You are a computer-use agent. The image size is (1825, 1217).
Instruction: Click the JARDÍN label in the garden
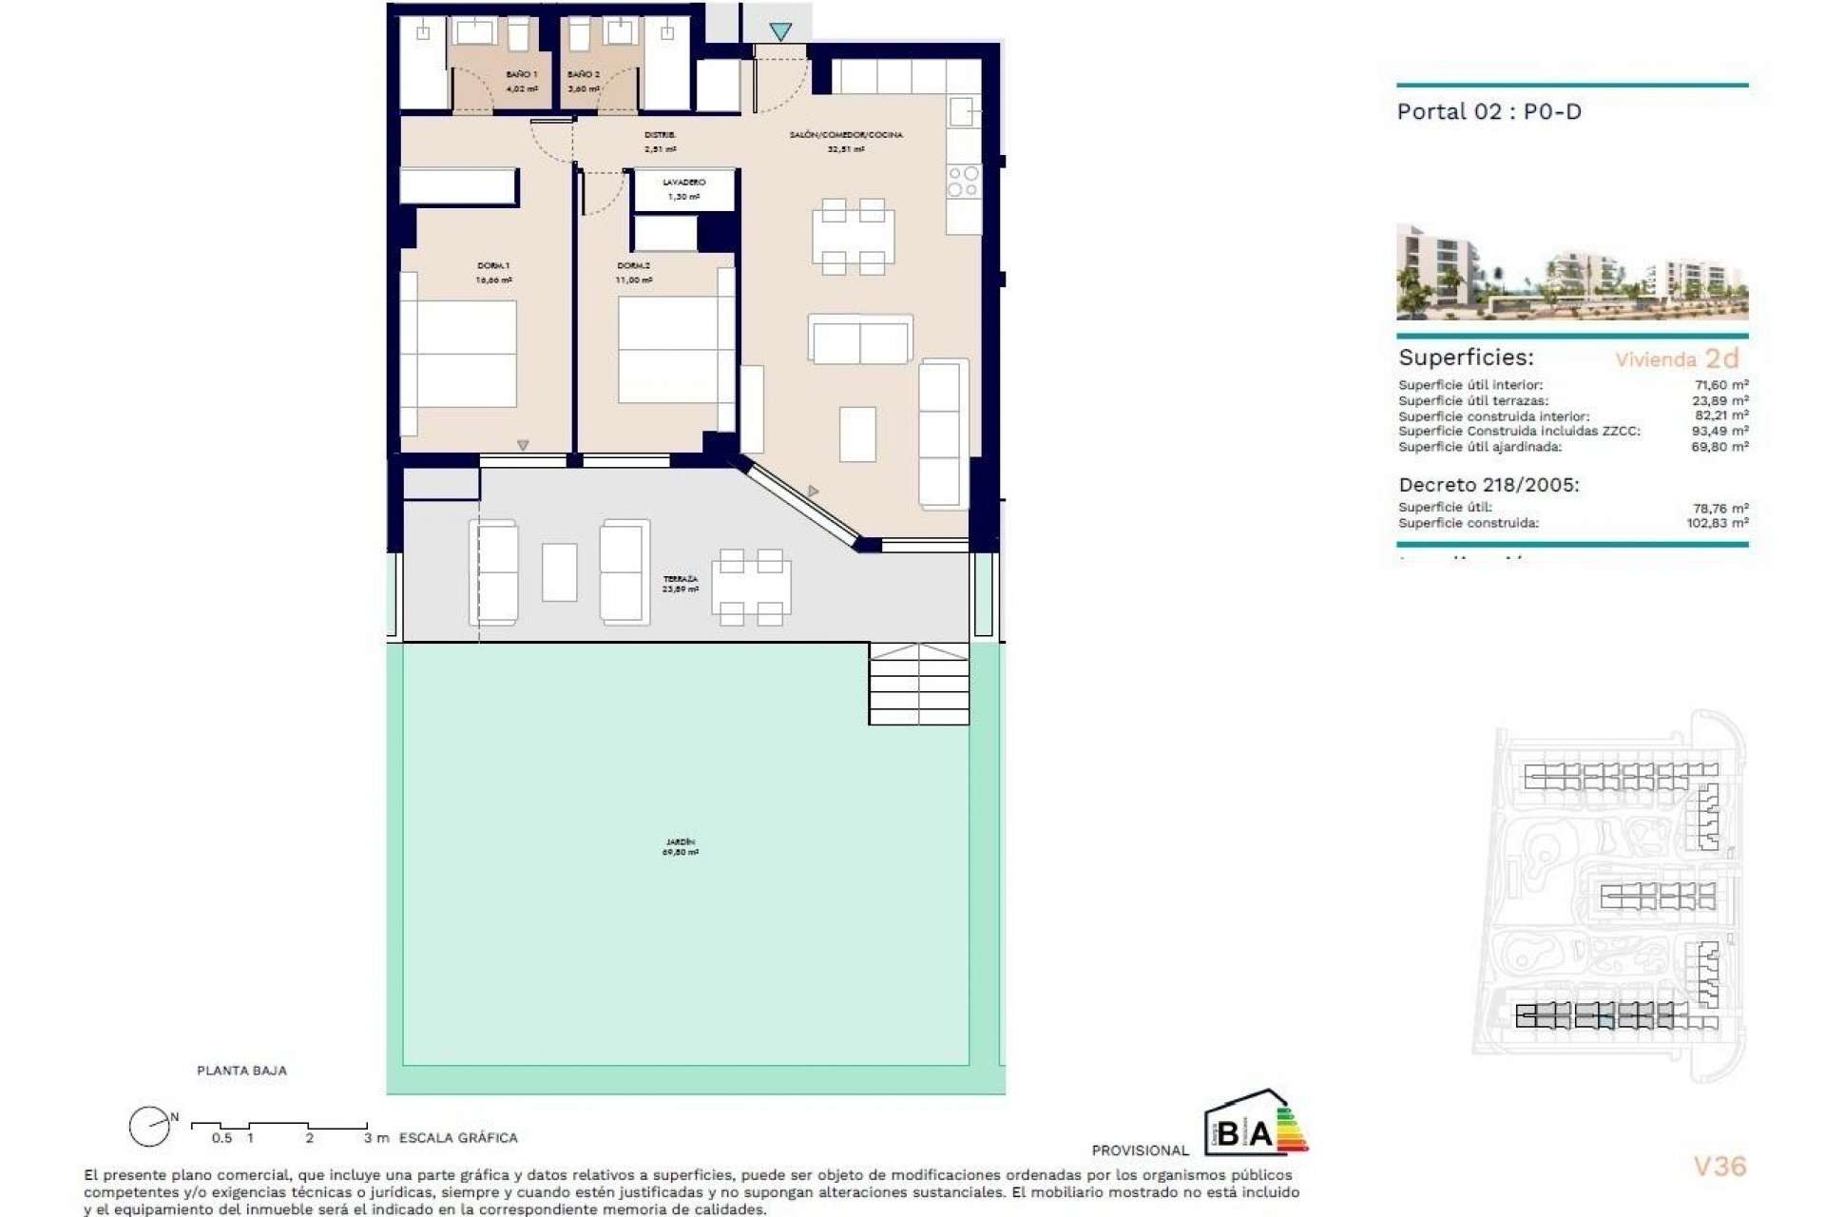point(681,842)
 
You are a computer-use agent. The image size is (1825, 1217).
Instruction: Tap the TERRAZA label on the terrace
point(681,579)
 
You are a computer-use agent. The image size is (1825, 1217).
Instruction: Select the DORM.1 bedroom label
point(493,266)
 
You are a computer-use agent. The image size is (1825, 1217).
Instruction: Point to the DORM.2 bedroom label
point(632,266)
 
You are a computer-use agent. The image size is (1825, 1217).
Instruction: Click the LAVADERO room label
point(683,183)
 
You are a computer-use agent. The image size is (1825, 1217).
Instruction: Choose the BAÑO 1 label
point(522,74)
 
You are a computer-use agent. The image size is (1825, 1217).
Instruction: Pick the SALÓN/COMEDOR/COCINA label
point(845,135)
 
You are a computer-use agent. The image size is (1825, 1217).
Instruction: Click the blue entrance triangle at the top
point(780,32)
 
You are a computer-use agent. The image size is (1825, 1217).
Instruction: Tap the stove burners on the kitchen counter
point(963,181)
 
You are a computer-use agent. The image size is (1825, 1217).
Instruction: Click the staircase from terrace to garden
point(918,684)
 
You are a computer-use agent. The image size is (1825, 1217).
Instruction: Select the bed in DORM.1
point(458,354)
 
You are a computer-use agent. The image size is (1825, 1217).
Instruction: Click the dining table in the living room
point(853,236)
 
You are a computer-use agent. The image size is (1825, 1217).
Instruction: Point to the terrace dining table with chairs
point(751,588)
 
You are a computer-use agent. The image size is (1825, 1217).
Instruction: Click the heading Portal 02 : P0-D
point(1489,111)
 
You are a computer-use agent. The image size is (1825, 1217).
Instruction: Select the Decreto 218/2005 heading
point(1489,485)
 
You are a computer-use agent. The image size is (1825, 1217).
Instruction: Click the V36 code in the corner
point(1719,1166)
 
